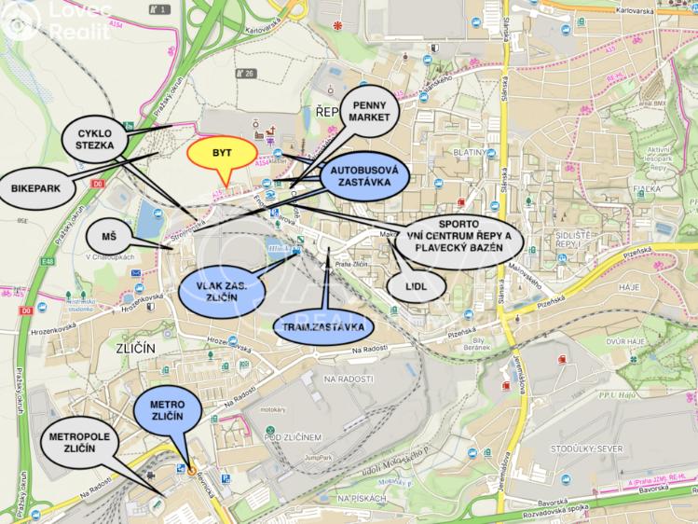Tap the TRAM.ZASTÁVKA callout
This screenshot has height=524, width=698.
point(322,327)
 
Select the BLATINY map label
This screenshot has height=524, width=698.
point(467,153)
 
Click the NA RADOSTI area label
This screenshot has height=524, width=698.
point(349,379)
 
